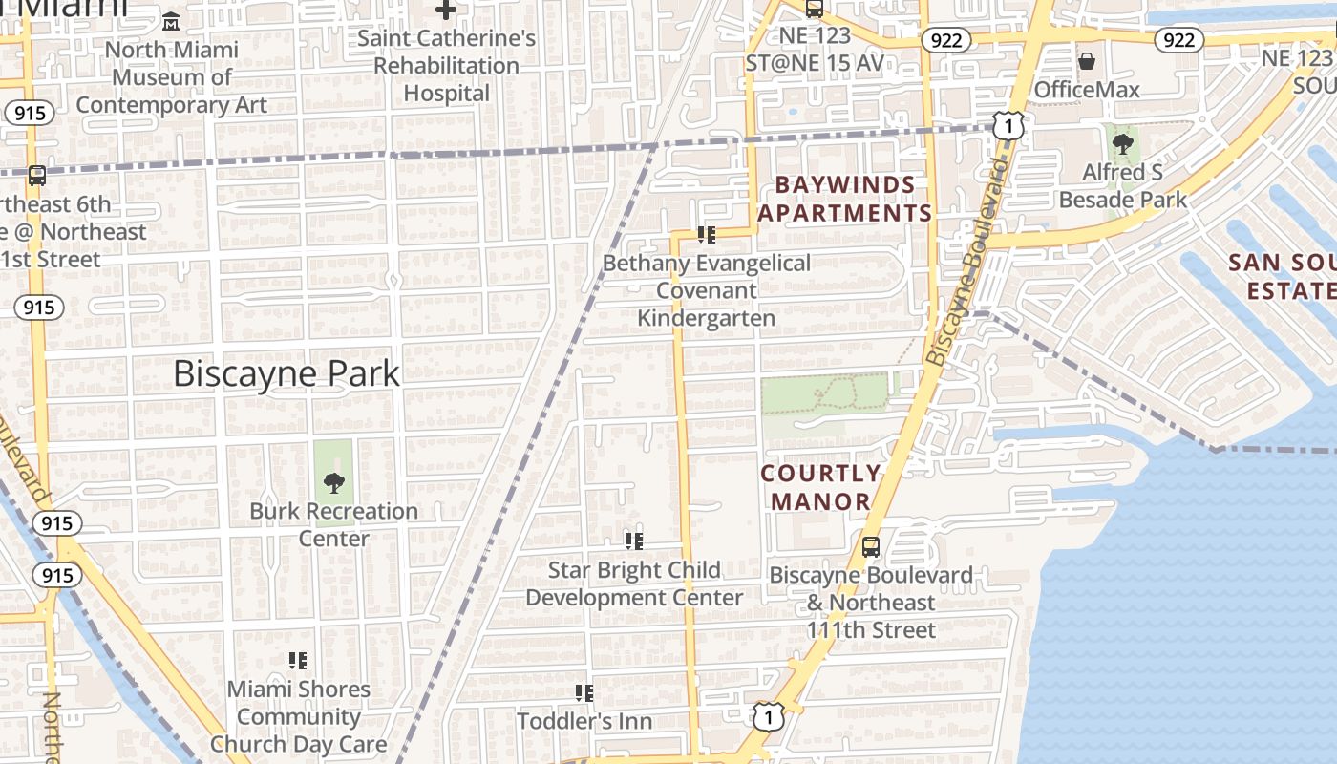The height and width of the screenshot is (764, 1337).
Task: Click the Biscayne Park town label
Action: [x=286, y=373]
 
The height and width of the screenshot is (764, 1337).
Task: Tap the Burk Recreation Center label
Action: [x=333, y=524]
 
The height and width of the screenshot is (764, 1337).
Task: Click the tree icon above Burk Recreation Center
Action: [x=333, y=482]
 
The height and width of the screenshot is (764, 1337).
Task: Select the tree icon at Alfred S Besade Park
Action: [x=1123, y=144]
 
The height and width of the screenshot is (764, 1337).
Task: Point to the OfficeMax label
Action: [x=1087, y=90]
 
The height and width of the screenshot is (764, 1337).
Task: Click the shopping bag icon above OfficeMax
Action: [x=1087, y=62]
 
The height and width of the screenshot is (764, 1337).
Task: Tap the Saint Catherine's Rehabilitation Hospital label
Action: [x=446, y=66]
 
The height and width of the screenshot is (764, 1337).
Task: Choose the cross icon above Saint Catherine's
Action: [x=446, y=11]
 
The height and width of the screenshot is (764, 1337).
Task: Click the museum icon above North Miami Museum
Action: [x=171, y=21]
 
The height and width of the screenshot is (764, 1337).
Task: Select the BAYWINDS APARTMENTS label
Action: [x=845, y=199]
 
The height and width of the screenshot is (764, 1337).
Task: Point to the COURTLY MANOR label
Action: [x=821, y=487]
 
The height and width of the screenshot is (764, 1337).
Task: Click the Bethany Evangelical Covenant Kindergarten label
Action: [x=707, y=290]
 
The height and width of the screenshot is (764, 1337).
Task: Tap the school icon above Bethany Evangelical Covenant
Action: [x=707, y=234]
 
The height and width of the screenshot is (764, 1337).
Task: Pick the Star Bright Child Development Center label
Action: [x=634, y=584]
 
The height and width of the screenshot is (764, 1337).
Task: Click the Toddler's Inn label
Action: [x=584, y=721]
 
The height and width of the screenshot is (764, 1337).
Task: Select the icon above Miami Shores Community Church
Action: [x=298, y=660]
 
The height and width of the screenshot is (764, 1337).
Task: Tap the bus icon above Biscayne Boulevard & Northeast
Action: [x=871, y=547]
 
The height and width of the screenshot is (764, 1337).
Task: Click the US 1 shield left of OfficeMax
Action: [x=1008, y=124]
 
